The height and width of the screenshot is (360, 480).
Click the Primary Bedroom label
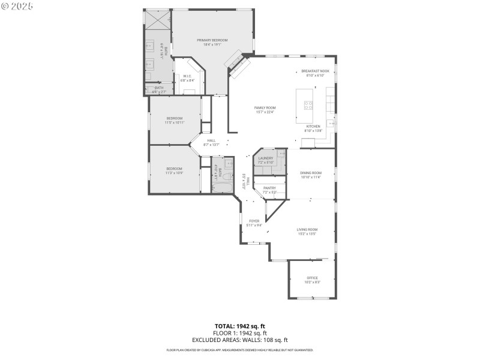coord(212,42)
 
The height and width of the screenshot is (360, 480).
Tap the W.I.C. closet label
coord(187,78)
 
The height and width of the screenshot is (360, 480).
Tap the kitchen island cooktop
coord(308,104)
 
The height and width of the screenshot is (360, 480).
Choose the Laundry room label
coord(265,160)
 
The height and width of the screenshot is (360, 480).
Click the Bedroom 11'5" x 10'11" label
coord(175,120)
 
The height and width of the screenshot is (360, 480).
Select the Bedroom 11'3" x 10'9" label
coord(174,170)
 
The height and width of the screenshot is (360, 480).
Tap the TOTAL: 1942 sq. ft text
coord(240,326)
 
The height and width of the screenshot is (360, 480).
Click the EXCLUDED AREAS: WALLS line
coord(240,340)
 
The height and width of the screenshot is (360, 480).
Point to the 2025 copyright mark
coord(17,5)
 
